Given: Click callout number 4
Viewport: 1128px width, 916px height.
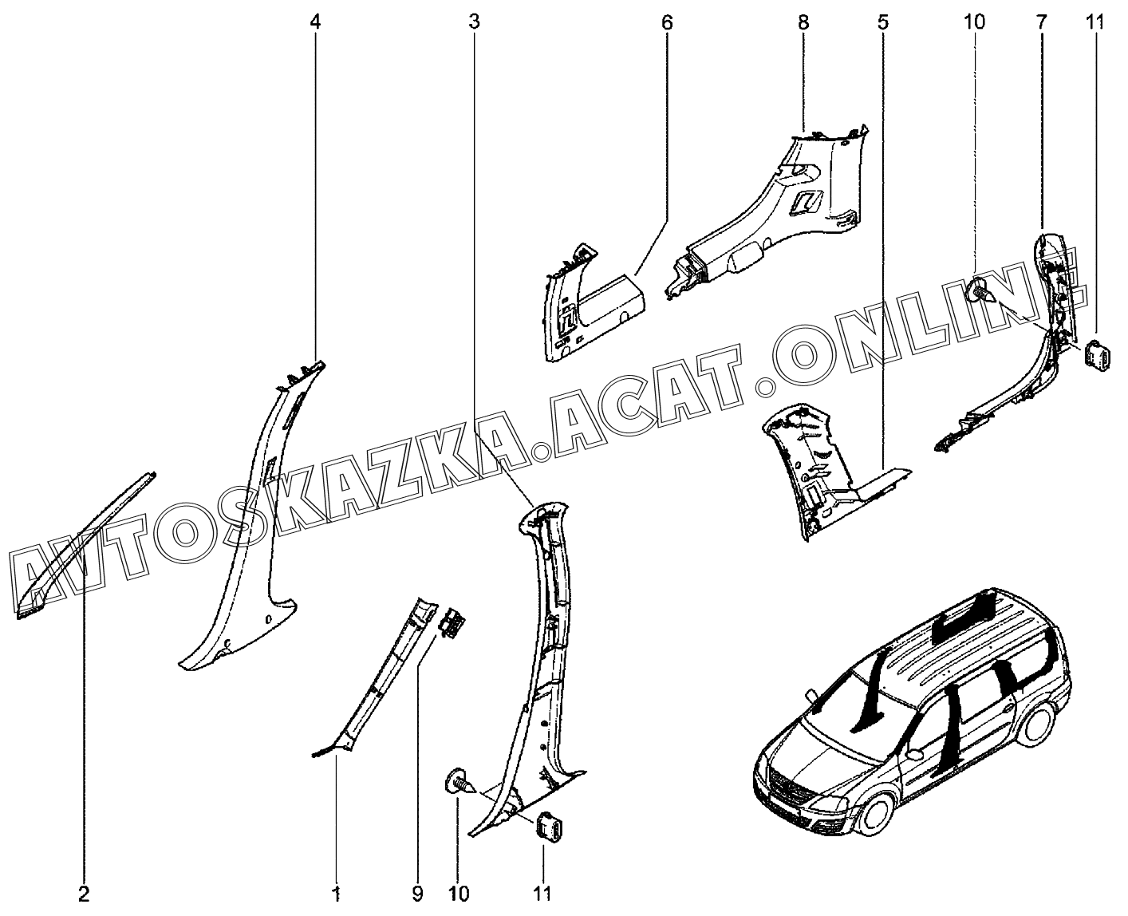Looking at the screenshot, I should pyautogui.click(x=315, y=22).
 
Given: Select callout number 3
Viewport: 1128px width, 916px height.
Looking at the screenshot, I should pyautogui.click(x=475, y=22).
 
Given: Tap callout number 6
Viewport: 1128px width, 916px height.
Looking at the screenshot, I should pyautogui.click(x=667, y=22).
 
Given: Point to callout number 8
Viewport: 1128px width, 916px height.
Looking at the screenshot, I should pyautogui.click(x=803, y=22).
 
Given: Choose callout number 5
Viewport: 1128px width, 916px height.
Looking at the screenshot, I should pyautogui.click(x=882, y=22).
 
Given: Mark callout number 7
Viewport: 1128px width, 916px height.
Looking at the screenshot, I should pyautogui.click(x=1042, y=22).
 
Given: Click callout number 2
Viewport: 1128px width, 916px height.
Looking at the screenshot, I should pyautogui.click(x=85, y=893).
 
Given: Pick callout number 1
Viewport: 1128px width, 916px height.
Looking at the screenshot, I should pyautogui.click(x=337, y=893).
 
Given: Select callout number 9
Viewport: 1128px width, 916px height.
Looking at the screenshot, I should pyautogui.click(x=417, y=893).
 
